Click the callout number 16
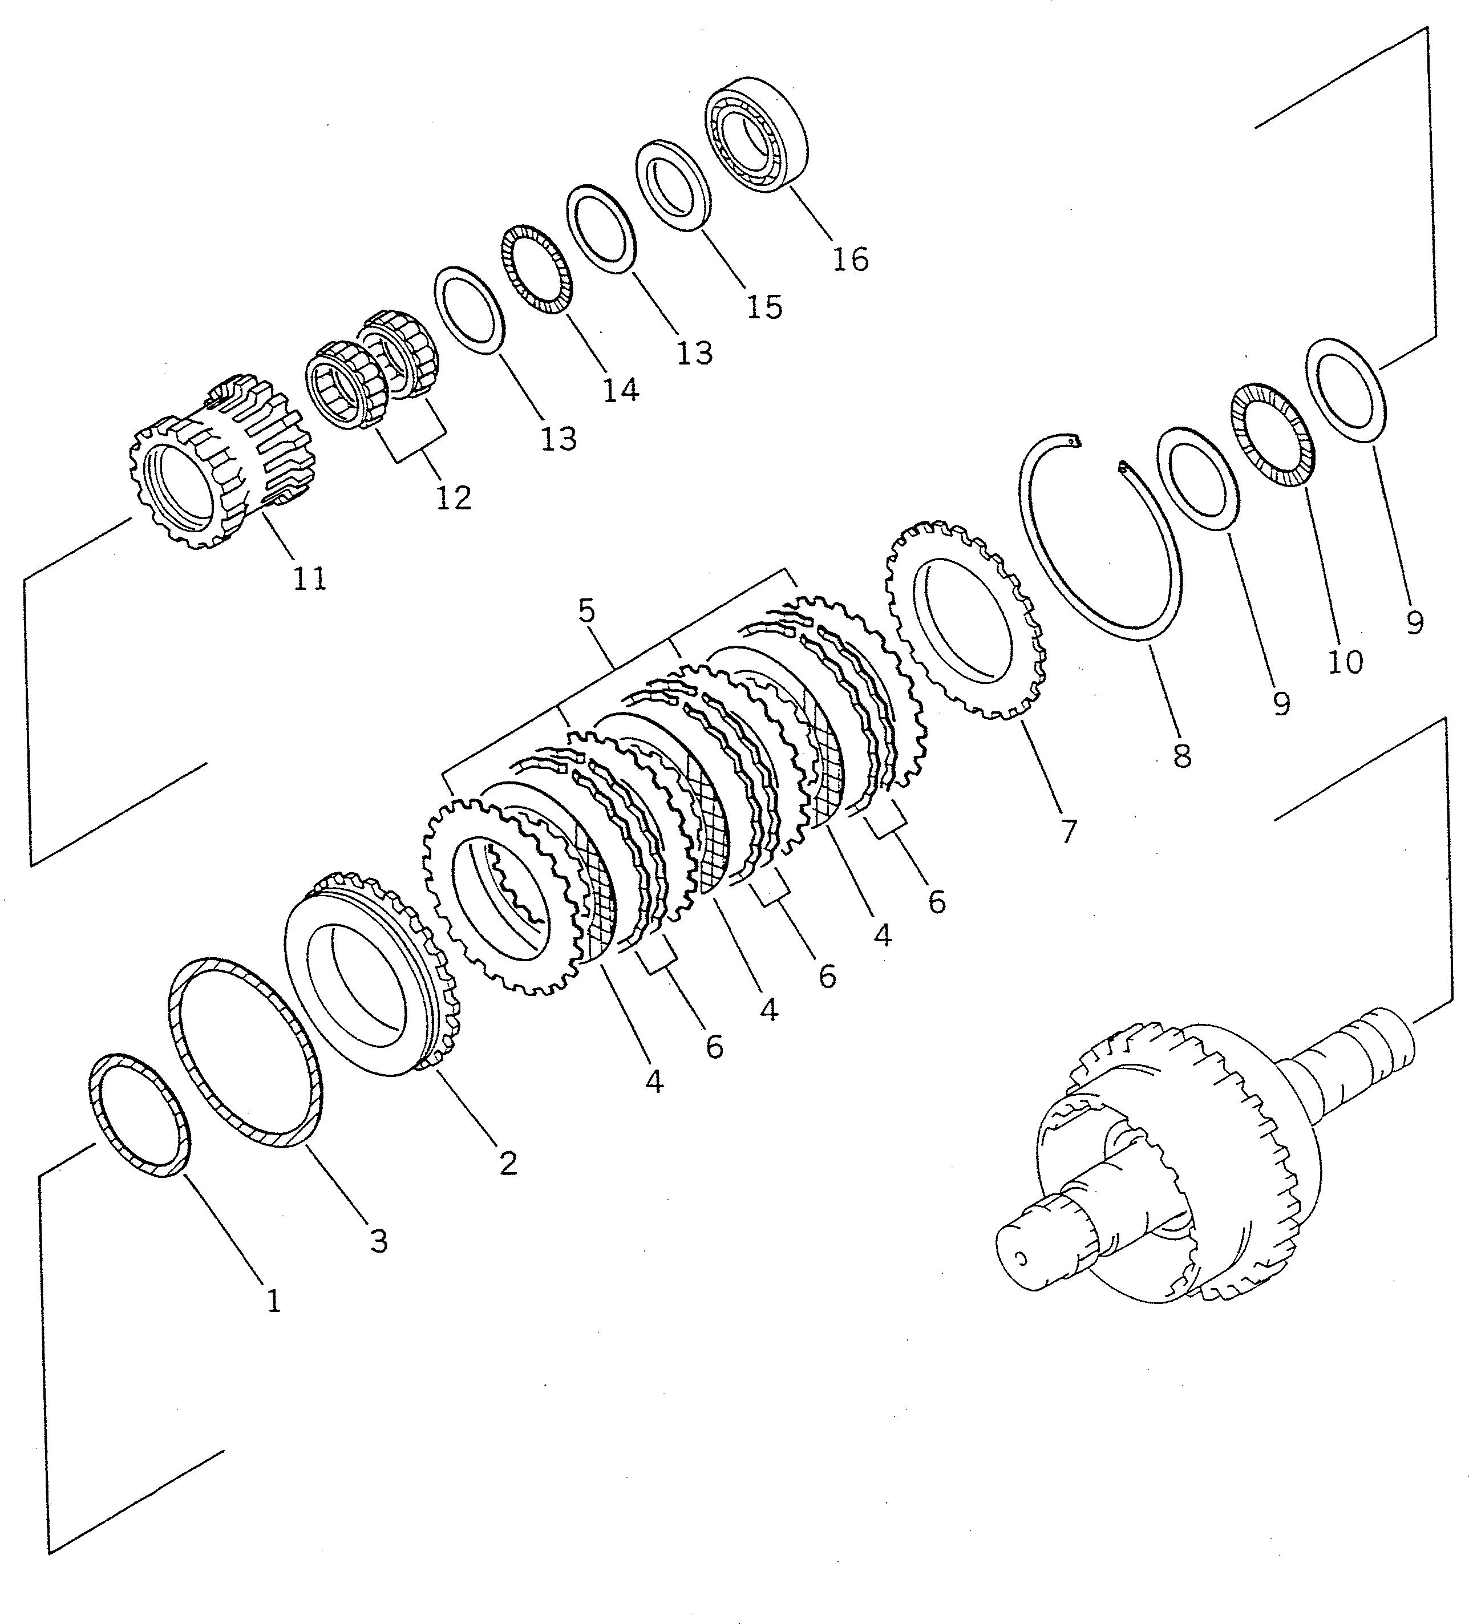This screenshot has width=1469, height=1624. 850,260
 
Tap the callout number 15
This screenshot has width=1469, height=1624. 764,307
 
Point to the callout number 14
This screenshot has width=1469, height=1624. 621,391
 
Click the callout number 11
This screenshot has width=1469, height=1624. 309,578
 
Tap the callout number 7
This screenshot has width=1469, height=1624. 1068,831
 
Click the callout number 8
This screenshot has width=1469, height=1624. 1181,756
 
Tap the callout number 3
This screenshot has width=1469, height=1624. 379,1241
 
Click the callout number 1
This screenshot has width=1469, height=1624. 273,1301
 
